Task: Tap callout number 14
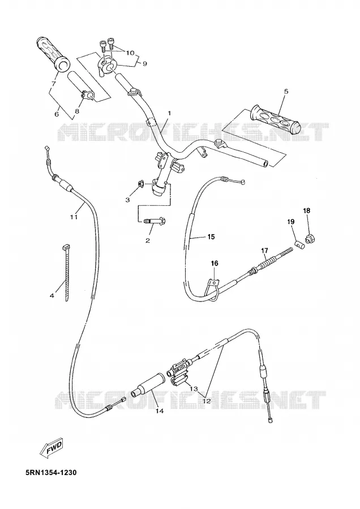[160, 411]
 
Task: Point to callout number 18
[307, 211]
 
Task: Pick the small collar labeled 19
[299, 244]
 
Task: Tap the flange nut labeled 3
[141, 184]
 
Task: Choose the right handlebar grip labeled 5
[275, 119]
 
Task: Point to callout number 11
[74, 217]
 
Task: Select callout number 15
[211, 237]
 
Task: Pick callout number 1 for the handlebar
[169, 113]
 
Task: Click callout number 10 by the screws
[130, 53]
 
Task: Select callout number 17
[264, 251]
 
